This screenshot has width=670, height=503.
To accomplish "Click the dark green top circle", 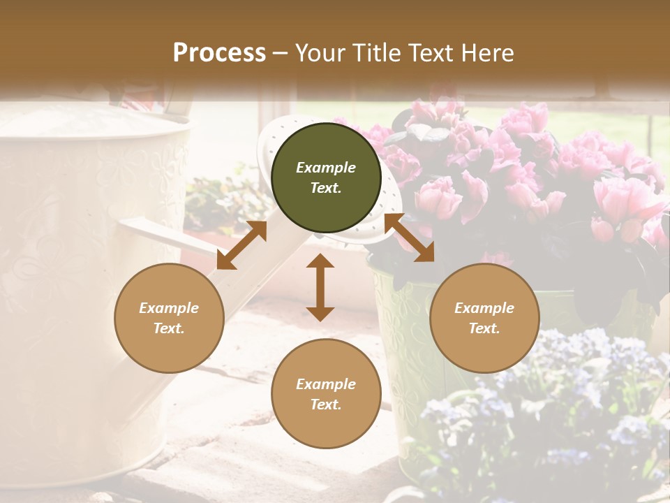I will (326, 177).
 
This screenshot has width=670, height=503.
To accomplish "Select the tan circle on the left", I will (169, 318).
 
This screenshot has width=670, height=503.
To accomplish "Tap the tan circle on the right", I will (484, 318).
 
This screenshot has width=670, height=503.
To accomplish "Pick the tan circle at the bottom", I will (326, 394).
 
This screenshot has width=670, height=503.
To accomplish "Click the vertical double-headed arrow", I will (320, 287).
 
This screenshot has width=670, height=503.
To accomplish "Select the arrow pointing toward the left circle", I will (241, 245).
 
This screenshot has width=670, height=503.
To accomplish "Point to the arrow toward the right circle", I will (410, 238).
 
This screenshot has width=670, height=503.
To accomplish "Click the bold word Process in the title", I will (219, 53).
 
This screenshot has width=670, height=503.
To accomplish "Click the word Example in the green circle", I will (326, 168).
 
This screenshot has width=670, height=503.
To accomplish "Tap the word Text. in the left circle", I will (169, 328).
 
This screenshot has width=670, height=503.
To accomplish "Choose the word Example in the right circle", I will (484, 308).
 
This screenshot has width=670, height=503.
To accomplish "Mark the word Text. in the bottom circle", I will (326, 404).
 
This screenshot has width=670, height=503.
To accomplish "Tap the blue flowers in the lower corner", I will (551, 412).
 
